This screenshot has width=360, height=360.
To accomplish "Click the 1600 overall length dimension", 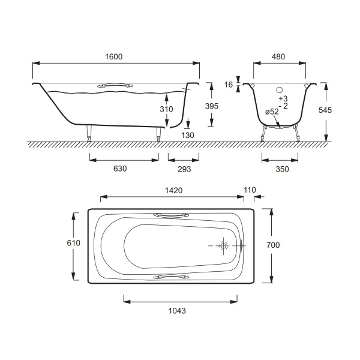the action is (113, 56).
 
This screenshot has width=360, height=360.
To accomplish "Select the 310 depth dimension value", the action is (166, 109).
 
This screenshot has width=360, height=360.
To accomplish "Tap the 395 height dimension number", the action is (211, 106).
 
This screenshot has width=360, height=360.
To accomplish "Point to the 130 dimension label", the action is (188, 135).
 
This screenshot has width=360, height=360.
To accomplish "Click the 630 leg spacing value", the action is (120, 169).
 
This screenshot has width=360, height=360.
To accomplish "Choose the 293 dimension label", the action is (184, 169).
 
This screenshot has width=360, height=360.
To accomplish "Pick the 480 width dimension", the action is (278, 56).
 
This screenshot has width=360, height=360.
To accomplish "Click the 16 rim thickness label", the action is (229, 85).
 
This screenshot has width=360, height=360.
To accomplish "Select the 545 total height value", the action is (325, 110).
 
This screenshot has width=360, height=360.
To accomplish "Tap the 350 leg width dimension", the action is (282, 169).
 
